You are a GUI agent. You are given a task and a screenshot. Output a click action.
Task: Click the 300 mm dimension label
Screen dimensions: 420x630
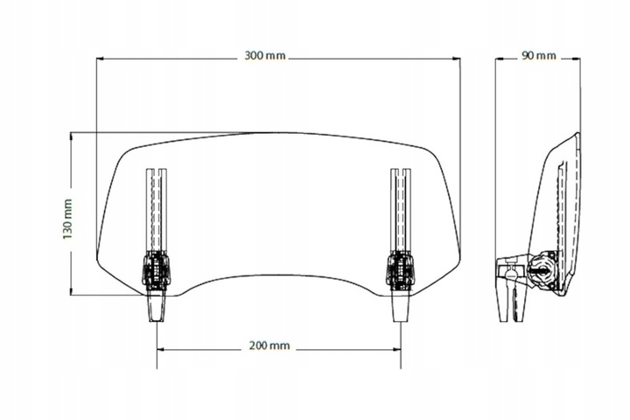click(265, 57)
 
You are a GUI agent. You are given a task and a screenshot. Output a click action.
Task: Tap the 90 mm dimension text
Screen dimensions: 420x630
click(539, 57)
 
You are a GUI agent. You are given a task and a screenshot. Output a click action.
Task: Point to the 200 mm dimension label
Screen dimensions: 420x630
click(269, 346)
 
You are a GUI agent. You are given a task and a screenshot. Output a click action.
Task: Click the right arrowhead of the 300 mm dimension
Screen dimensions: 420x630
click(459, 59)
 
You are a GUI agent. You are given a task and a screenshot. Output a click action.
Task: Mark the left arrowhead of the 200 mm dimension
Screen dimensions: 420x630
click(159, 346)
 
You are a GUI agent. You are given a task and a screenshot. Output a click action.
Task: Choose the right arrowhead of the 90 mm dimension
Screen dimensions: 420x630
click(580, 58)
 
